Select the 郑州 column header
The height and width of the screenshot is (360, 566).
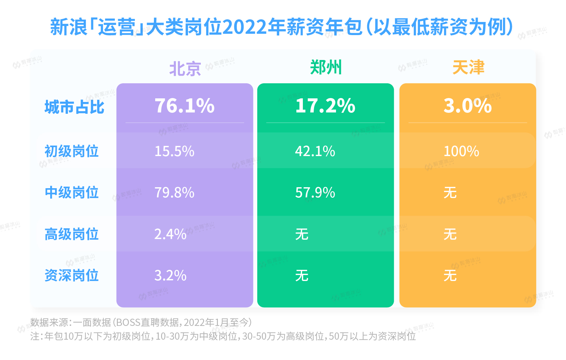tap(325, 68)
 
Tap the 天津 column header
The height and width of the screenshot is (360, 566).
tap(468, 68)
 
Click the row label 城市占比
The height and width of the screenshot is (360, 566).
tap(74, 107)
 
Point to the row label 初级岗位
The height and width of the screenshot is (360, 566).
tap(72, 151)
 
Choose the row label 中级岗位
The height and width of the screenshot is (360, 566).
tap(72, 192)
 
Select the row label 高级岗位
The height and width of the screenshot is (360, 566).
tap(72, 234)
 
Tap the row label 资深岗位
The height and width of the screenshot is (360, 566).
tap(72, 275)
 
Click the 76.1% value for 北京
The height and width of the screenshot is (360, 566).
tap(184, 106)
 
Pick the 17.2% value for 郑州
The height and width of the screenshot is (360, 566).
tap(325, 106)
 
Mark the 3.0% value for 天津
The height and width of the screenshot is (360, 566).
tap(468, 106)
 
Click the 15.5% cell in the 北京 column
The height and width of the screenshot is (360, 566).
tap(174, 151)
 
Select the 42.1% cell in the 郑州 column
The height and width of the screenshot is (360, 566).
tap(315, 151)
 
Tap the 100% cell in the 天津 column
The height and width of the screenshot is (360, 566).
tap(461, 151)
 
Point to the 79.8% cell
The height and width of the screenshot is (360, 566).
tap(174, 192)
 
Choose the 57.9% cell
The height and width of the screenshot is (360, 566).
tap(315, 192)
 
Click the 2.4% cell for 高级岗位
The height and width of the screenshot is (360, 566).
tap(170, 234)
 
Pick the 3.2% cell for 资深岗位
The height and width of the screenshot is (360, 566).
tap(170, 275)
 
